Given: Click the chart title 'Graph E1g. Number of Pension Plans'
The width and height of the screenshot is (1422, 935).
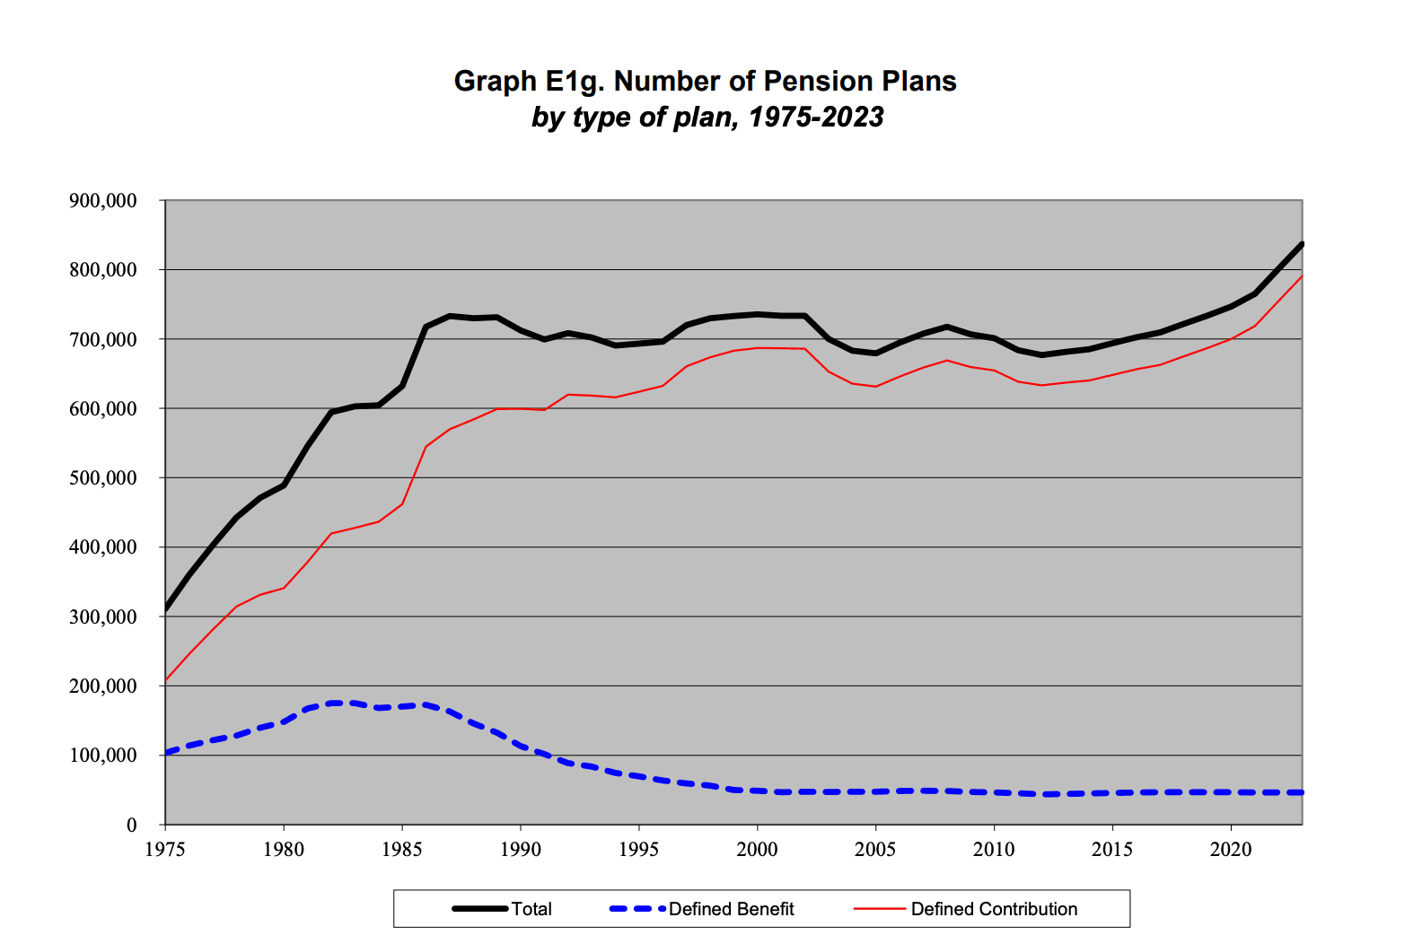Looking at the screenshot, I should (705, 82).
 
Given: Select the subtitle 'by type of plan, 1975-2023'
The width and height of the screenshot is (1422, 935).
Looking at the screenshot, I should (707, 118).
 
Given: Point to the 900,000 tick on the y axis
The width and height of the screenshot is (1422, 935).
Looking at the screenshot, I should (103, 201).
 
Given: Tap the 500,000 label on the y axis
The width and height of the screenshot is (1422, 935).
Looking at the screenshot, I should (103, 478).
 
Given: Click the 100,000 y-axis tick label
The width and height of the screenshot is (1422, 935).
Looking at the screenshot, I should (103, 756).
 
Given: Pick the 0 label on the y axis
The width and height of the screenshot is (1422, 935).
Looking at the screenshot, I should (131, 826).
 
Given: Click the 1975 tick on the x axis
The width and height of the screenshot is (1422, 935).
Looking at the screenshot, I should (165, 849).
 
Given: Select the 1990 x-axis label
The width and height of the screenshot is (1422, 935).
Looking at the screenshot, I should (521, 849).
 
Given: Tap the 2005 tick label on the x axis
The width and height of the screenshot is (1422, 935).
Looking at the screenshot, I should (875, 849).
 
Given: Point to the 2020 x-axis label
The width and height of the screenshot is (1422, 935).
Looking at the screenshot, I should (1231, 849).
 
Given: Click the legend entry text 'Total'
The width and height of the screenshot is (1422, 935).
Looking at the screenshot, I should (531, 909).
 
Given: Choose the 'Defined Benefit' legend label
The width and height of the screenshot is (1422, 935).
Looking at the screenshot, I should (732, 909).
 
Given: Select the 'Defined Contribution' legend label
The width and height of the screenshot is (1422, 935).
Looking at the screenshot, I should (994, 909).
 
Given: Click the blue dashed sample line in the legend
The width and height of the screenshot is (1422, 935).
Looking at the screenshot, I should (637, 909).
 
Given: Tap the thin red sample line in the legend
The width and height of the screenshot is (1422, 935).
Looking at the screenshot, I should (879, 909).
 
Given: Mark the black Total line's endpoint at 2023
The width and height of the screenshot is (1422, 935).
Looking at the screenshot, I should (1302, 244).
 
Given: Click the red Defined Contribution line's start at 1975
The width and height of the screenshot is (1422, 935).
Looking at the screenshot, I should (166, 681).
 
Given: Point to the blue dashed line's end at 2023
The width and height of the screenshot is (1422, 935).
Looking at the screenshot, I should (1302, 792).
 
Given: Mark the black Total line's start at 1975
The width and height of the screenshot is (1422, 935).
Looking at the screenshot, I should (166, 609).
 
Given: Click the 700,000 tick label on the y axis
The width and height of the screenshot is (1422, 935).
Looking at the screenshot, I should (103, 340).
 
